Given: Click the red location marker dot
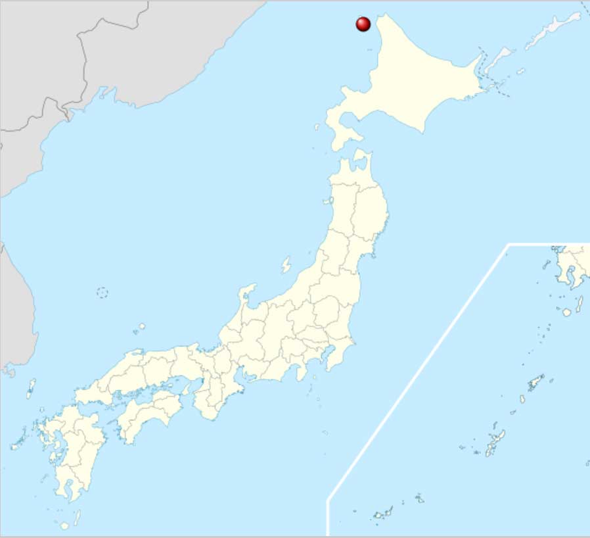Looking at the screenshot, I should [363, 24].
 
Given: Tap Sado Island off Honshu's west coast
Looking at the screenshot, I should [286, 265].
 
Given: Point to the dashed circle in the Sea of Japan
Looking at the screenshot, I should [102, 293].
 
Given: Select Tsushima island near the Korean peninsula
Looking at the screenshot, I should [31, 388].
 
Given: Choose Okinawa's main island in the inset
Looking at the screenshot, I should [495, 442].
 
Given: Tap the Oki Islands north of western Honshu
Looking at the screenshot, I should [139, 327].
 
